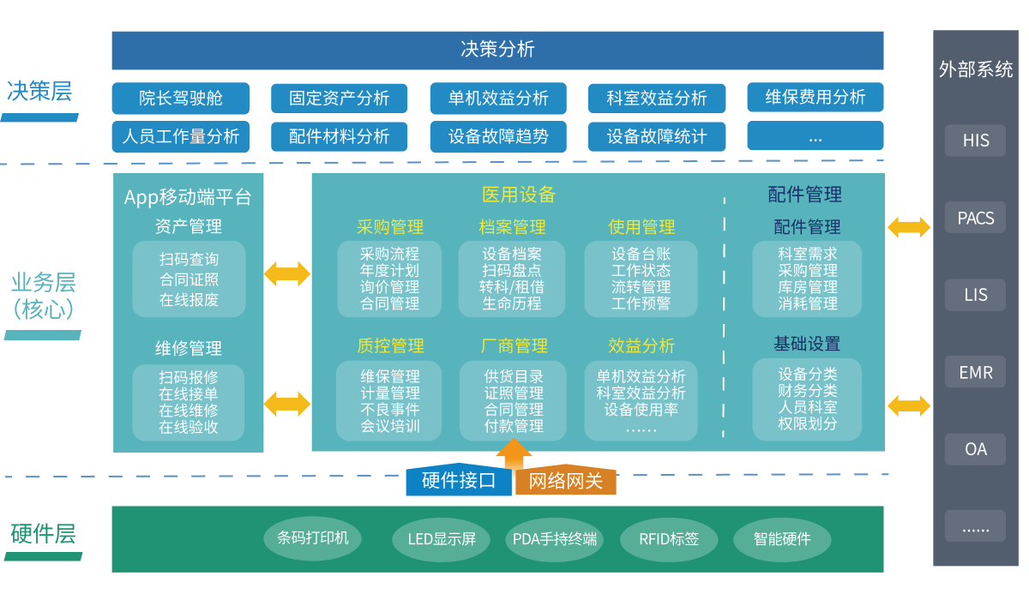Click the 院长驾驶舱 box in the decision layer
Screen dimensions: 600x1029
tap(180, 98)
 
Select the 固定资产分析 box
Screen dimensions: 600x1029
tap(339, 98)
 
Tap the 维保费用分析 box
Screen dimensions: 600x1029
tap(815, 97)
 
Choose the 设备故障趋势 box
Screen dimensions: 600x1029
tap(497, 135)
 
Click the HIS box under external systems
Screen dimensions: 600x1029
tap(975, 141)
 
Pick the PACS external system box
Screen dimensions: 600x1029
tap(975, 218)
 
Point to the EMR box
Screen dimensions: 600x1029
tap(975, 372)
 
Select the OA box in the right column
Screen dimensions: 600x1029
tap(975, 449)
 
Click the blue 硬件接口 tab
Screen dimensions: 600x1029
tap(459, 481)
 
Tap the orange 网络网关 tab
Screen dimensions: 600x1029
tap(565, 481)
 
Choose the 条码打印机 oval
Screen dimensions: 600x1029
tap(312, 538)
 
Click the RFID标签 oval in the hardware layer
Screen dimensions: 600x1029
tap(669, 539)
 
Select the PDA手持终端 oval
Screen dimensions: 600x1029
tap(554, 539)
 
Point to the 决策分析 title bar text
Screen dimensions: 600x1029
tap(497, 49)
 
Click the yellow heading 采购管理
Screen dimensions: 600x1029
tap(390, 227)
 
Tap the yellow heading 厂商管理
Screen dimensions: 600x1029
tap(514, 346)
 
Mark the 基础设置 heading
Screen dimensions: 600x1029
tap(806, 344)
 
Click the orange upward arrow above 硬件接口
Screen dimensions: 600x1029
tap(514, 453)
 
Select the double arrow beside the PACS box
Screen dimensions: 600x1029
tap(908, 227)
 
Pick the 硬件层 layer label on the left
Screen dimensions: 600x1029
tap(43, 534)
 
